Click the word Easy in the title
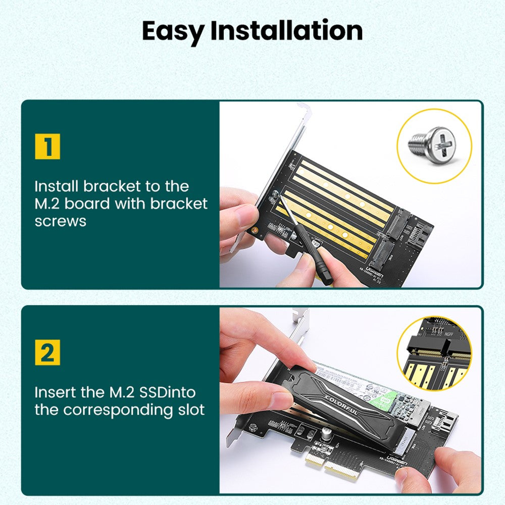click(173, 31)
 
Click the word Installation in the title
click(286, 31)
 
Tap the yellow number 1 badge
click(47, 147)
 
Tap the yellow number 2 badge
click(47, 352)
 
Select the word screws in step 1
click(61, 221)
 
